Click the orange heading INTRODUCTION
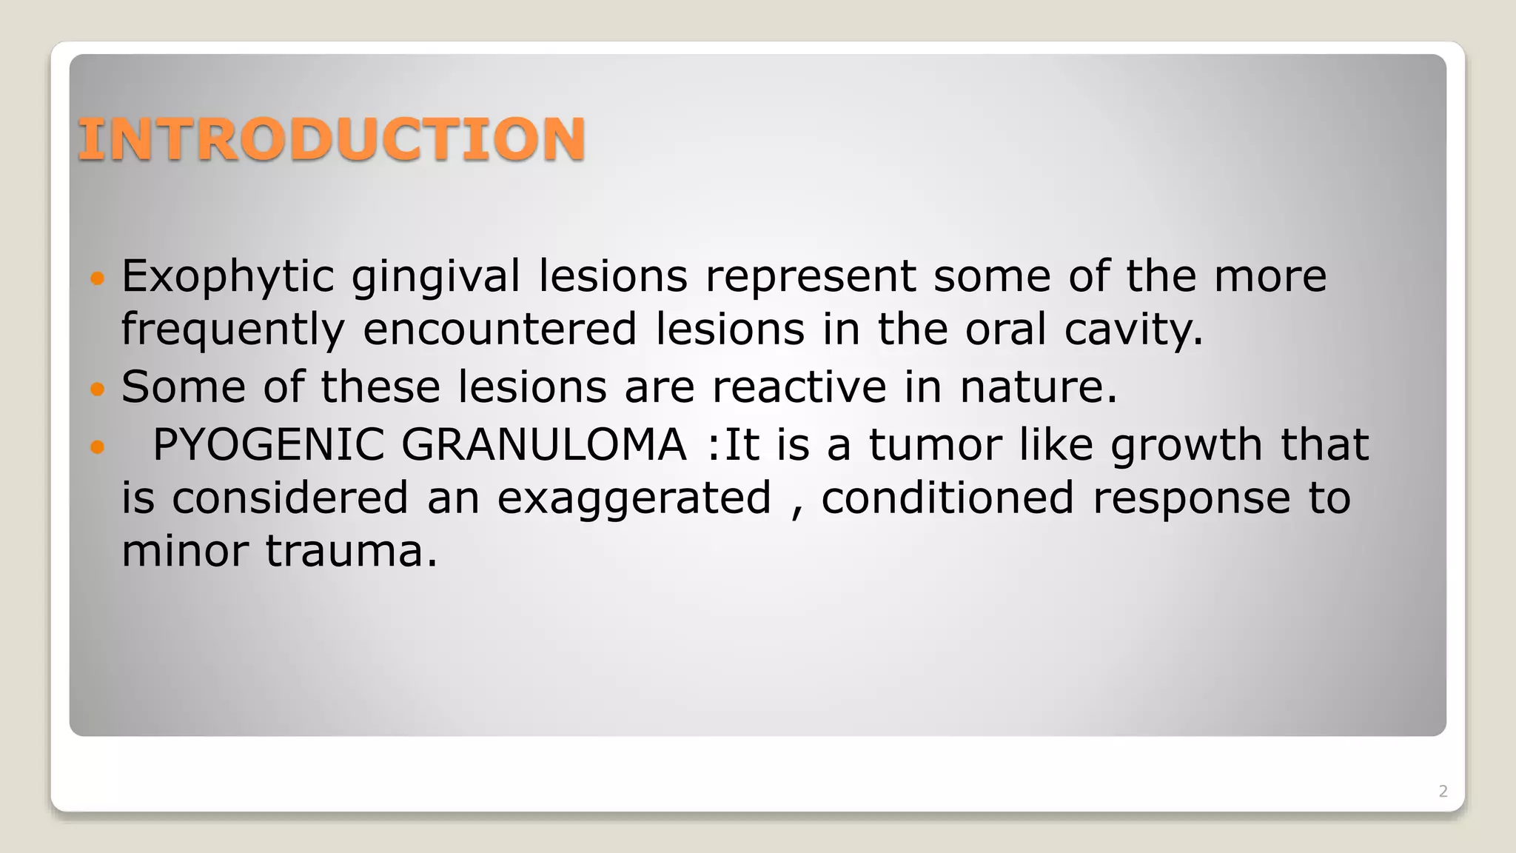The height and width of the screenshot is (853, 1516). (332, 139)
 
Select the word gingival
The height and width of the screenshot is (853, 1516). (435, 277)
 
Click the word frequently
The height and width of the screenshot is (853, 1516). (233, 330)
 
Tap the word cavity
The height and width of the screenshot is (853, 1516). (1133, 330)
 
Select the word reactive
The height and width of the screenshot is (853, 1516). (799, 387)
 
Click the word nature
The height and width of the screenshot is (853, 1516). (1038, 387)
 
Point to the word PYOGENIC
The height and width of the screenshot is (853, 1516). (268, 444)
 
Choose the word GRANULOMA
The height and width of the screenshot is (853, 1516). (544, 444)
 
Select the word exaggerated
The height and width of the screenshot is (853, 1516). (634, 498)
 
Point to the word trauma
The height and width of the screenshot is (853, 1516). (352, 552)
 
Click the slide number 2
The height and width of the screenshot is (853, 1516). (1443, 791)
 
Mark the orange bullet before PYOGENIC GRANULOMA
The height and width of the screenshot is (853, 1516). (98, 446)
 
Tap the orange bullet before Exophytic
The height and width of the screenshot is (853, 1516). (98, 278)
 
